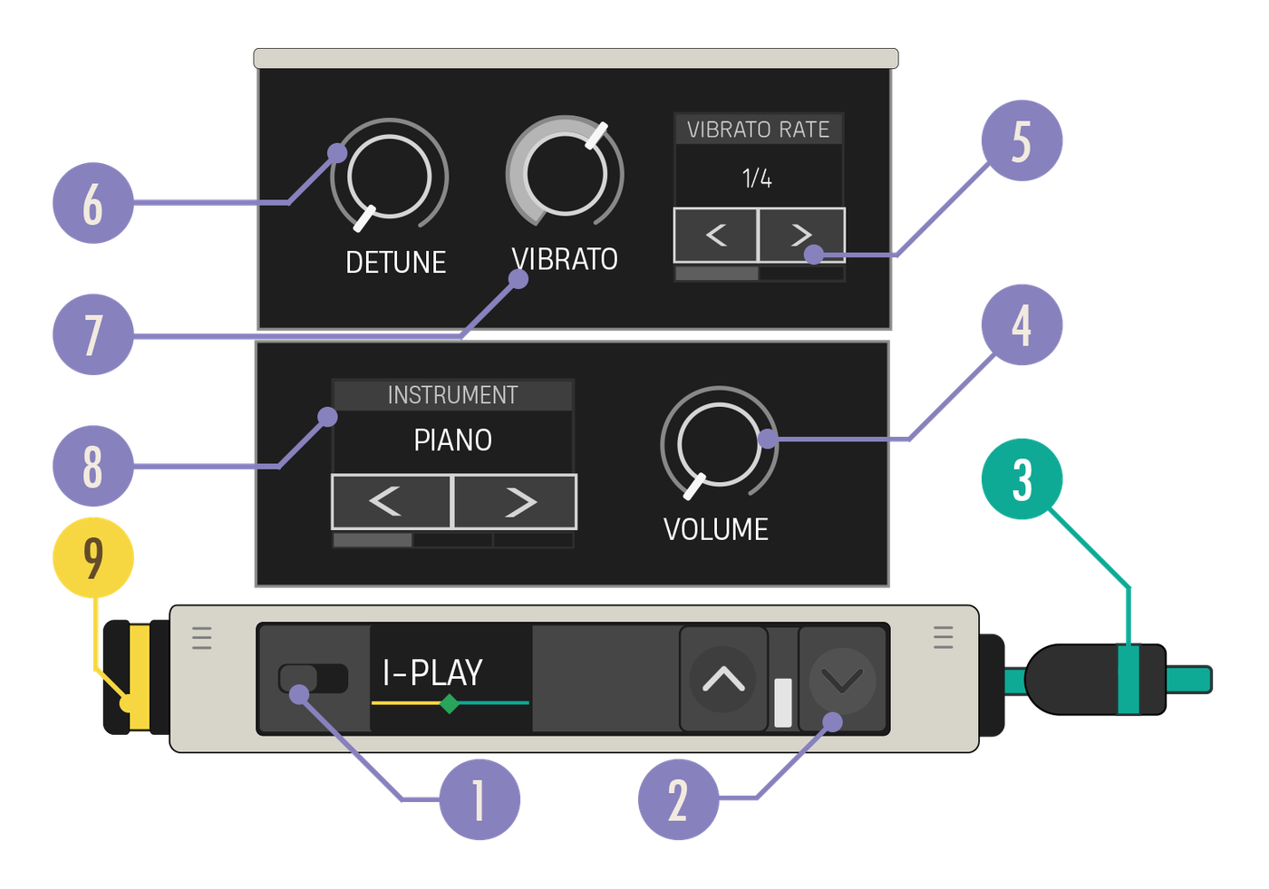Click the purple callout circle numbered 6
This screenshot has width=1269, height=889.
pyautogui.click(x=92, y=203)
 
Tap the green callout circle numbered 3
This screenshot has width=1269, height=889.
pyautogui.click(x=1022, y=479)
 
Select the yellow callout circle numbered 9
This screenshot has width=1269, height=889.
pyautogui.click(x=92, y=557)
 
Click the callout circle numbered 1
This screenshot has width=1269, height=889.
pyautogui.click(x=480, y=799)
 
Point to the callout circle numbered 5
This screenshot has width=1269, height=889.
pyautogui.click(x=1022, y=140)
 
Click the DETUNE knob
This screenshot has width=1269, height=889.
pyautogui.click(x=389, y=176)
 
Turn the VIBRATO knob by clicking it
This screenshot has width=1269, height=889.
pyautogui.click(x=565, y=174)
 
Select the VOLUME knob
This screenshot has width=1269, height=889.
pyautogui.click(x=718, y=444)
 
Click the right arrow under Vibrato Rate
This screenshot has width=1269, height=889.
pyautogui.click(x=801, y=235)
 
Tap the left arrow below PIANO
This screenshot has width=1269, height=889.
pyautogui.click(x=391, y=502)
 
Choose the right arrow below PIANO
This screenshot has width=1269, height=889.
pyautogui.click(x=515, y=502)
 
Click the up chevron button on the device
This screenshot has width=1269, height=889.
pyautogui.click(x=723, y=679)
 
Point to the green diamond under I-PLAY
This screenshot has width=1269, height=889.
pyautogui.click(x=450, y=703)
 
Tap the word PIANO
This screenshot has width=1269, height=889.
pyautogui.click(x=452, y=440)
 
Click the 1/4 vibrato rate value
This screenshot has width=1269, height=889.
pyautogui.click(x=757, y=179)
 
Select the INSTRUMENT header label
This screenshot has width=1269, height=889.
pyautogui.click(x=452, y=395)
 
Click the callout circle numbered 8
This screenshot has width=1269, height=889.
pyautogui.click(x=92, y=466)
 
